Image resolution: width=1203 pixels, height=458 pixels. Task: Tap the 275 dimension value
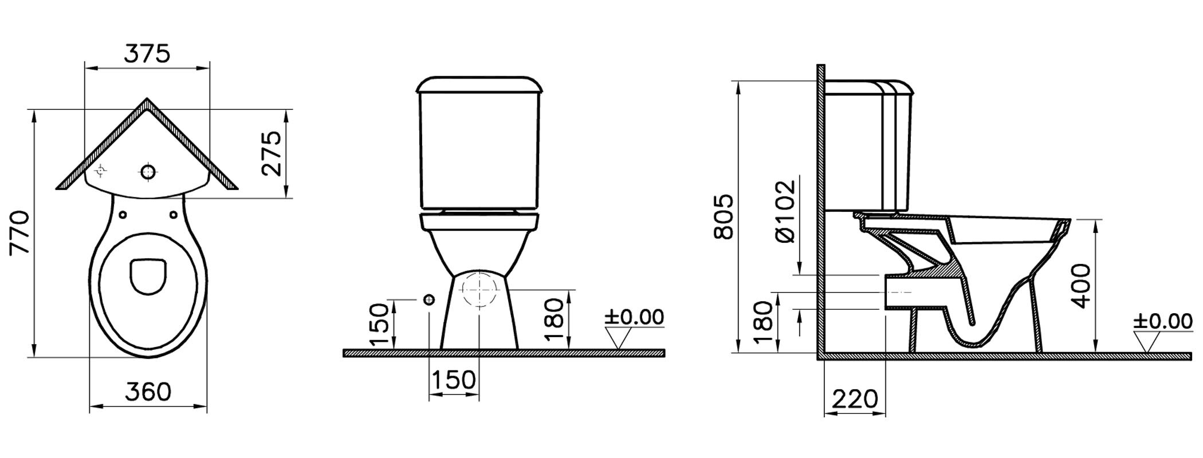[270, 153]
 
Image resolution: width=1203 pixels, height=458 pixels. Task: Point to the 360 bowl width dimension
[148, 392]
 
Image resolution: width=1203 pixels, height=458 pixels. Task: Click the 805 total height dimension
[724, 216]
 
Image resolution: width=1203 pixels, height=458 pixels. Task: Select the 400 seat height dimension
[1081, 286]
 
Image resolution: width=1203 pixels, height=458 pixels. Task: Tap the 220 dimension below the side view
[854, 399]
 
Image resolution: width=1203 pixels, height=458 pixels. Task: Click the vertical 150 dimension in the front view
[379, 325]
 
